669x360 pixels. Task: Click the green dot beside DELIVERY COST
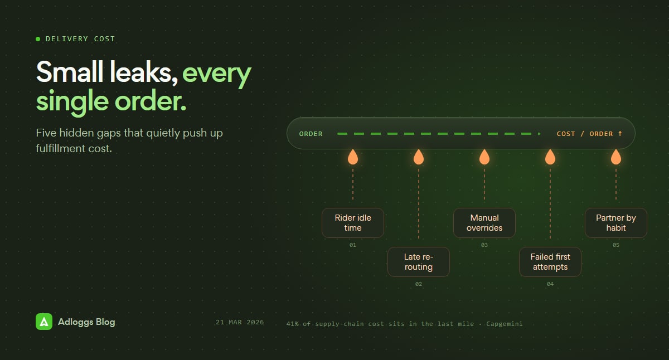38,39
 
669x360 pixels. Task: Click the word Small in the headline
70,72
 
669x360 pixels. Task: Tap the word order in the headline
151,101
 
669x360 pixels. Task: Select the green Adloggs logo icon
44,322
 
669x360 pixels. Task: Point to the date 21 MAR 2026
240,322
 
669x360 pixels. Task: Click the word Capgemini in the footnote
505,324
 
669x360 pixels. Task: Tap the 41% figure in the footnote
292,324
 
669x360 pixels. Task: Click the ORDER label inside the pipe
311,134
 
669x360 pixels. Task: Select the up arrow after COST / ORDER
620,133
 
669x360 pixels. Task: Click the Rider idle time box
353,223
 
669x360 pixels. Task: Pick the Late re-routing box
419,262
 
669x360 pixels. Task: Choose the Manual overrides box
484,223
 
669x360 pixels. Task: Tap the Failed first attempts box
550,262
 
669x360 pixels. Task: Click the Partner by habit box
616,223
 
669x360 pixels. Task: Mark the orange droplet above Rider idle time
353,157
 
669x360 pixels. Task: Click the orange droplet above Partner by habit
616,157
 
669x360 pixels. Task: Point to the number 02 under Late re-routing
419,284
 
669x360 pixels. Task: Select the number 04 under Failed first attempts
550,284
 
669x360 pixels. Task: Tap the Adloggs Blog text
86,322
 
